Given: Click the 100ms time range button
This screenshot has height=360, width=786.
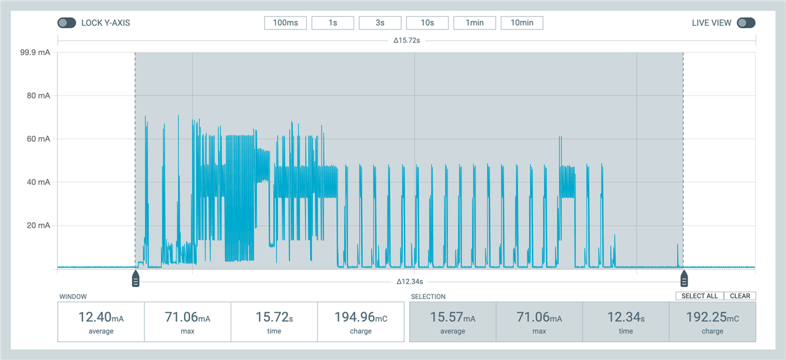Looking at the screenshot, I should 285,23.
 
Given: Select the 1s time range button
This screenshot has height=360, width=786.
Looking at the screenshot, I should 333,23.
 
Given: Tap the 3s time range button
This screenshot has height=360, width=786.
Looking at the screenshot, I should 380,23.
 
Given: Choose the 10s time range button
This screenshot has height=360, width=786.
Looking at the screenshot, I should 427,23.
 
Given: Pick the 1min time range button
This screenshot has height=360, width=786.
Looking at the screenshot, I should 475,23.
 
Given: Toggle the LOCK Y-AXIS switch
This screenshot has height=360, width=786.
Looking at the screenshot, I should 66,23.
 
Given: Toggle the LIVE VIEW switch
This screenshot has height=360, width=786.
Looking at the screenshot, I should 746,23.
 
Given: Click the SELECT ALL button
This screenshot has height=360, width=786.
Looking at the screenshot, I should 699,296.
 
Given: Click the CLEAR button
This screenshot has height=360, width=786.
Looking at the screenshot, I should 740,296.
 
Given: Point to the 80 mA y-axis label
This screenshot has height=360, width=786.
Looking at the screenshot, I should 36,95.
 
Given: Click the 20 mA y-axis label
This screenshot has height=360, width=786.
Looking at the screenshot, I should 36,225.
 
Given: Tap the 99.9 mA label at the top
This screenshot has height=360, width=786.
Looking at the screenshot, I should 35,53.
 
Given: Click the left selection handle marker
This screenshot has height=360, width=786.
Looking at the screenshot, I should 136,279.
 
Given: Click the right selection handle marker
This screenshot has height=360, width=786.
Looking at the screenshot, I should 684,279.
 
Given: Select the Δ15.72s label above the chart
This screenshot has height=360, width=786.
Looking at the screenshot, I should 407,41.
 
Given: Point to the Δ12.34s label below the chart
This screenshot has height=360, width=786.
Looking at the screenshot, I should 410,282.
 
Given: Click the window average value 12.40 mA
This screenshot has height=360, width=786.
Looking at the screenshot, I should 101,318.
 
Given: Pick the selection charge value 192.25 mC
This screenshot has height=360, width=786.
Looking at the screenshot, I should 712,318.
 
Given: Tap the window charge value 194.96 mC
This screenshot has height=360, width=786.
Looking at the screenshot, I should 360,318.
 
